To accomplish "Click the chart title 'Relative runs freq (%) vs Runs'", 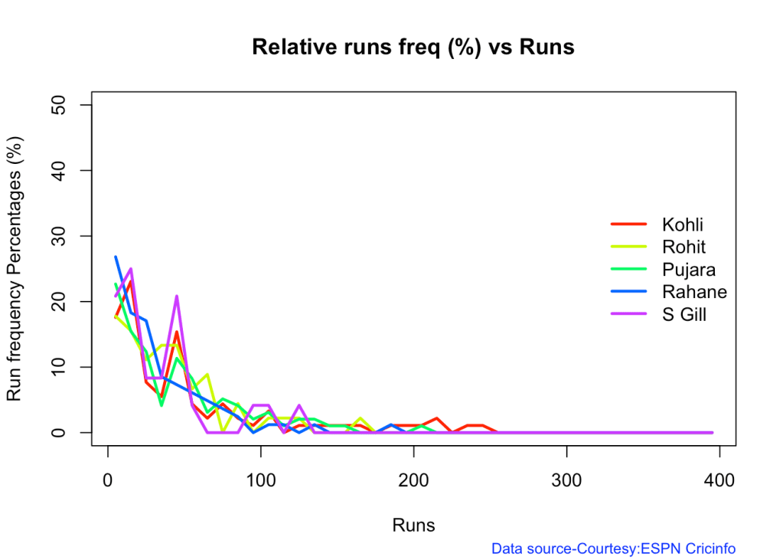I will (413, 47).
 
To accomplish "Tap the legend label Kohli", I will (683, 224).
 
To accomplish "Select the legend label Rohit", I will (683, 247).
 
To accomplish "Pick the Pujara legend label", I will (688, 269).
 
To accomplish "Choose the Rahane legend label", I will (693, 291).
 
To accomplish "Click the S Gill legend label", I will (684, 313).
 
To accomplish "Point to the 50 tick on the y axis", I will (65, 104).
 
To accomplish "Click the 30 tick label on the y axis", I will (65, 236).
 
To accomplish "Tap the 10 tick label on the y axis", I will (65, 367).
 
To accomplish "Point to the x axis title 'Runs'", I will (413, 526).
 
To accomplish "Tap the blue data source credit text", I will (613, 549).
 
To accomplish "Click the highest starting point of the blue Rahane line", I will (116, 257).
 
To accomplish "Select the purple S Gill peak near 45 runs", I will (177, 296).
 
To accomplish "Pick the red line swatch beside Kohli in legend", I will (629, 224).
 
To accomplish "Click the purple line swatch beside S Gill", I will (629, 313).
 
